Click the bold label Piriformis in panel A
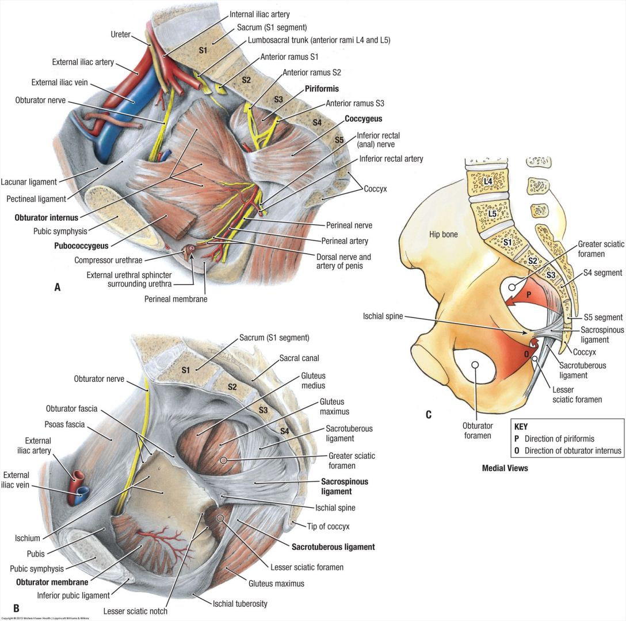coord(322,89)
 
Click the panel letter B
coord(16,608)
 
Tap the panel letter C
coord(428,414)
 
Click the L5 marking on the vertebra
coord(492,214)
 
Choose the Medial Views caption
coord(505,468)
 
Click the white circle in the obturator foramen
coord(475,365)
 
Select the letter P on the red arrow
coord(528,294)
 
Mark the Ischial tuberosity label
coord(240,604)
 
